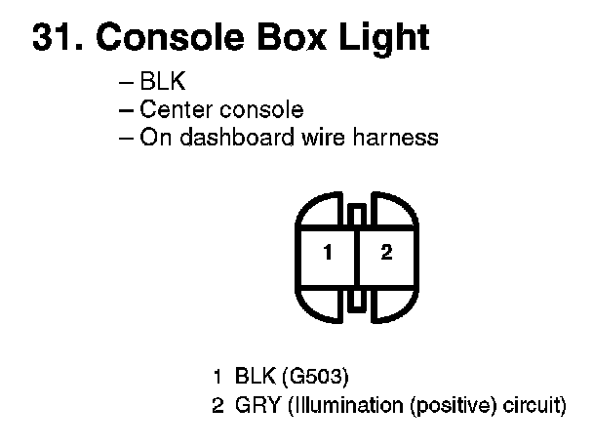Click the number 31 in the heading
52,37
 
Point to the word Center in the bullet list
172,109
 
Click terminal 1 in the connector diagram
329,254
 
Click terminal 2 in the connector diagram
386,254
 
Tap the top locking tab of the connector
358,214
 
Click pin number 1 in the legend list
218,376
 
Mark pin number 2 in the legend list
218,404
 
